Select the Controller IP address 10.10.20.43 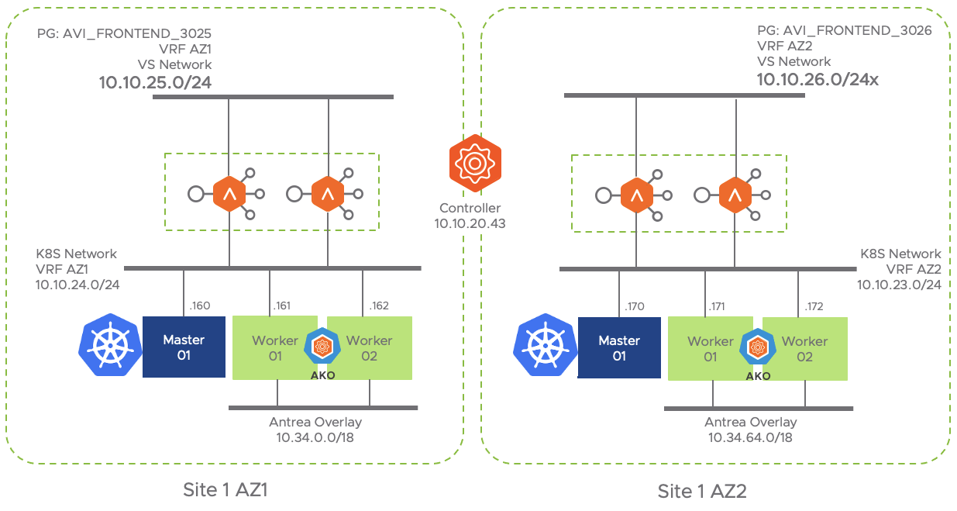click(x=470, y=223)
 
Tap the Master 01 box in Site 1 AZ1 click(x=184, y=347)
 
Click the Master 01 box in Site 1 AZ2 click(x=619, y=348)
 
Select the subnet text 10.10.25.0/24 click(x=155, y=81)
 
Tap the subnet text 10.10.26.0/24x click(x=818, y=78)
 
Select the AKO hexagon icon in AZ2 click(x=758, y=347)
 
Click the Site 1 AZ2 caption click(x=702, y=492)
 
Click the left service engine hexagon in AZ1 click(x=229, y=194)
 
